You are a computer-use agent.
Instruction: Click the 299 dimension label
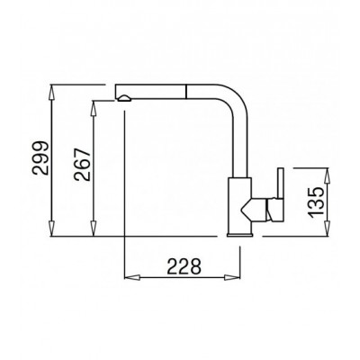point(40,157)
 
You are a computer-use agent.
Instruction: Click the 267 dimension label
point(83,164)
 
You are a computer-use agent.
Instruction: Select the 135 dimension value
point(316,202)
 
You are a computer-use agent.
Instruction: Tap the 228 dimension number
point(184,266)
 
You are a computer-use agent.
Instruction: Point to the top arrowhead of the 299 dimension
point(52,92)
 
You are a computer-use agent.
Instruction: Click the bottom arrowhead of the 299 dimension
point(52,229)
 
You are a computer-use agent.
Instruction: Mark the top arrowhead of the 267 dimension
point(94,108)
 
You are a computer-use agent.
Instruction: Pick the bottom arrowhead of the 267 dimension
point(94,229)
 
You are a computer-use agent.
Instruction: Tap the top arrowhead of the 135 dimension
point(328,175)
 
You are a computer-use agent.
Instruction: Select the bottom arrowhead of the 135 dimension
point(328,229)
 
